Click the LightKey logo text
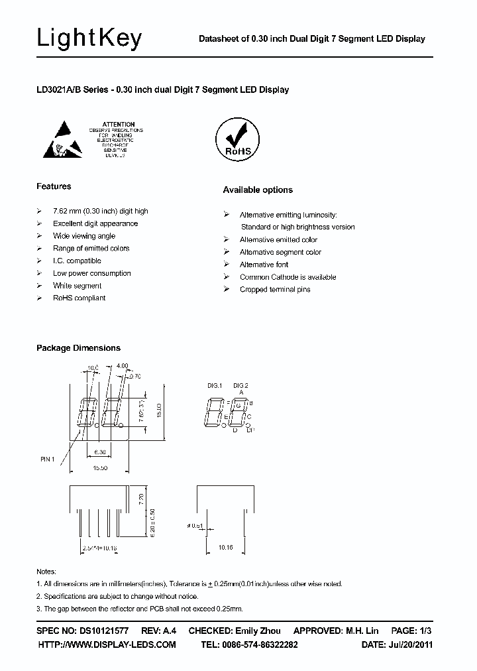[89, 39]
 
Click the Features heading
[54, 186]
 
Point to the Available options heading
[258, 190]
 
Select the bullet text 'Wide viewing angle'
[84, 236]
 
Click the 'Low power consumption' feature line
[92, 273]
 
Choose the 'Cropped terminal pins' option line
[275, 290]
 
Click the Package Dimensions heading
[78, 348]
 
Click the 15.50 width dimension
[101, 468]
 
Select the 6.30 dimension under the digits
[100, 452]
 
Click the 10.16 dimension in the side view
[226, 548]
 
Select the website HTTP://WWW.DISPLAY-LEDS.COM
[107, 644]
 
